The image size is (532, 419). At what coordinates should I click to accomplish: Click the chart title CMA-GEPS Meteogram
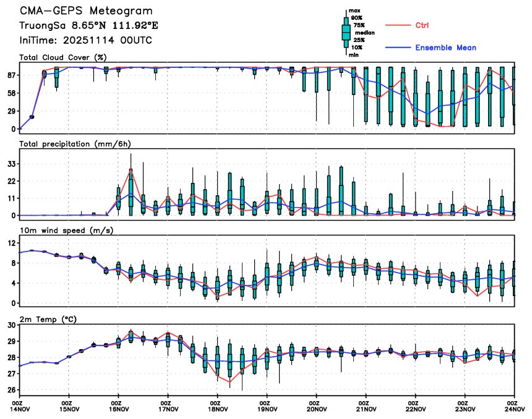coord(85,11)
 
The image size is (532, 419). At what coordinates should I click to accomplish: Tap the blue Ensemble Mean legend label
coord(445,48)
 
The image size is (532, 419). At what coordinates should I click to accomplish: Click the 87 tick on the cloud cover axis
coord(11,75)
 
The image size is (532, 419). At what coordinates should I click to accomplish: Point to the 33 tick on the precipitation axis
coord(11,164)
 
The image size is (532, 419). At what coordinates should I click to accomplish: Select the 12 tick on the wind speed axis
coord(11,243)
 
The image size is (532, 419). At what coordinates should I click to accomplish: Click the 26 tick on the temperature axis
coord(11,391)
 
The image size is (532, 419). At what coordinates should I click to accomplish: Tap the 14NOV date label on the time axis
coord(20,408)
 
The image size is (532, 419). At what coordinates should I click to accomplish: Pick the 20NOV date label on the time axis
coord(316,408)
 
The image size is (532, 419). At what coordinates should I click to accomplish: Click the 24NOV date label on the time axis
coord(513,408)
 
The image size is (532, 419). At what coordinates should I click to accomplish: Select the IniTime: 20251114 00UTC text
coord(85,40)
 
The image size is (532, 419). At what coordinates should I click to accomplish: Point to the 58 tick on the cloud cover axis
coord(11,93)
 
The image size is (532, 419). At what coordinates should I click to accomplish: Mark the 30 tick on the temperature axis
coord(11,325)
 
